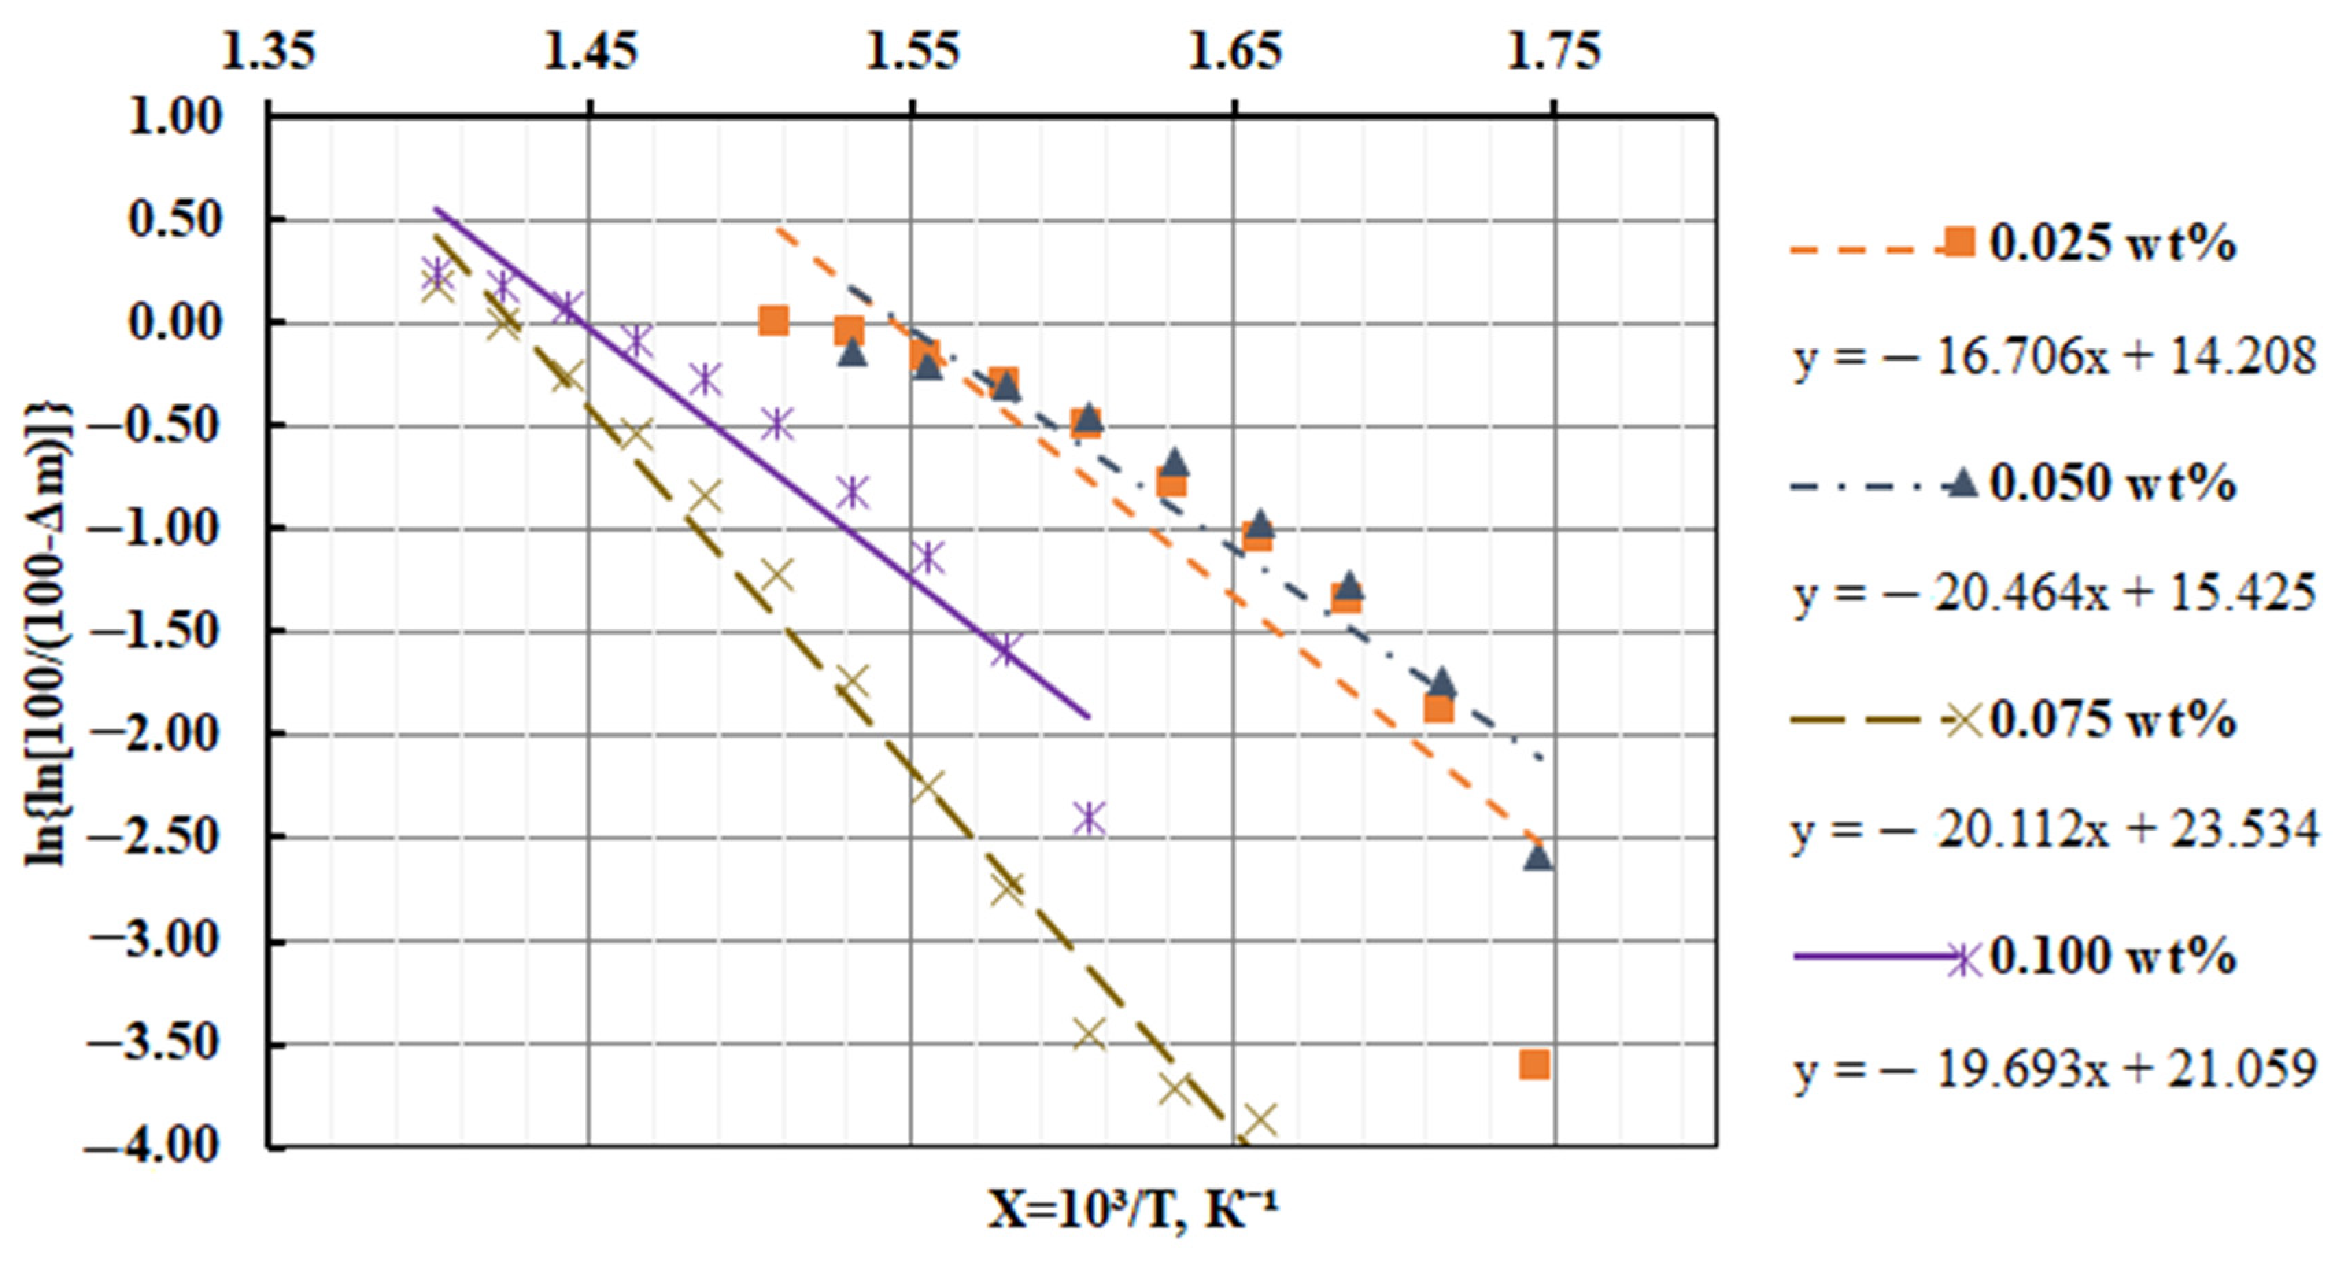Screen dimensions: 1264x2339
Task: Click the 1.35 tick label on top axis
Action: (269, 52)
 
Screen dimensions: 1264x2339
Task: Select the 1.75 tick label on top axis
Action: (1553, 52)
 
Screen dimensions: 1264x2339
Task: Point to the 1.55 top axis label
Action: (912, 52)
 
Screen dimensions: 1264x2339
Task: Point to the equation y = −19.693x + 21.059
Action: (2054, 1069)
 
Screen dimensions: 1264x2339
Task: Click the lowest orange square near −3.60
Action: (1534, 1065)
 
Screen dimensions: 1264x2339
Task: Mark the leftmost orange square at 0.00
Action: (773, 319)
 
